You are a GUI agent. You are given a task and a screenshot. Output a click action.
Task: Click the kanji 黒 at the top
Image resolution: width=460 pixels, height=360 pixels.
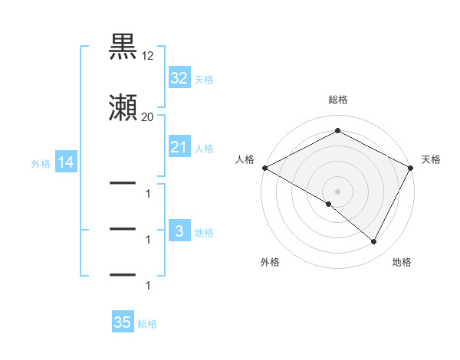pos(123,47)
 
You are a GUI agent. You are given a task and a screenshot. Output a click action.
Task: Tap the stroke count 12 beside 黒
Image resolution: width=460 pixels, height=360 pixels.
pos(148,56)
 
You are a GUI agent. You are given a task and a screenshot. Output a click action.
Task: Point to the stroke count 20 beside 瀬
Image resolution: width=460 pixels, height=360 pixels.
pos(148,117)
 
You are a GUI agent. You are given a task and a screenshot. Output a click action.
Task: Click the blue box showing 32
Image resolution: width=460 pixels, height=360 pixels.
pos(179,78)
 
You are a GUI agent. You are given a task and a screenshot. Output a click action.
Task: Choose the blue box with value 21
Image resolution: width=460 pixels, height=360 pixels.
pos(179,147)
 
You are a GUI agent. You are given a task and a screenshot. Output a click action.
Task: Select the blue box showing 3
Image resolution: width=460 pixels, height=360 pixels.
pos(179,231)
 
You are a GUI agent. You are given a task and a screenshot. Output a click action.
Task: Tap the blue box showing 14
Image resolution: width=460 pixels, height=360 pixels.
pos(65,162)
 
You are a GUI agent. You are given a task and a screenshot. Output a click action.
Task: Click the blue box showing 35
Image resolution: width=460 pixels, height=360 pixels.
pos(123,322)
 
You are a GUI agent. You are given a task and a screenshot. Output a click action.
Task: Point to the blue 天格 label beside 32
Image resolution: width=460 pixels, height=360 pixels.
pos(204,79)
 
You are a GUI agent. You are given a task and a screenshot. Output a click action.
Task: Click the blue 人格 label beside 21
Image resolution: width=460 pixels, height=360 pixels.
pos(204,148)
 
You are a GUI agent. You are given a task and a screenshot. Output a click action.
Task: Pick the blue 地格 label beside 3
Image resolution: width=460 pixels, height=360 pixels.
pos(204,232)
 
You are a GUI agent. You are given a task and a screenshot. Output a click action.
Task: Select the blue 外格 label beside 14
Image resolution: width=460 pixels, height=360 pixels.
pos(41,163)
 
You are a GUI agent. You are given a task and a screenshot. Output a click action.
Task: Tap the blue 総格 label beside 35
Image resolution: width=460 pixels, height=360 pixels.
pos(147,323)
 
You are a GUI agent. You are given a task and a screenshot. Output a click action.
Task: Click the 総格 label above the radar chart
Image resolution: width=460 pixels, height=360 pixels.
pos(338,100)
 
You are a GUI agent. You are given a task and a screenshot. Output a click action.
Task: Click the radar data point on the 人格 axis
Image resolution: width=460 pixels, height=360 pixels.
pos(264,168)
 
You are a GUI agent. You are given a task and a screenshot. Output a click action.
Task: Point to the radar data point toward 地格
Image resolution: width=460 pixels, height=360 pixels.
pos(374,242)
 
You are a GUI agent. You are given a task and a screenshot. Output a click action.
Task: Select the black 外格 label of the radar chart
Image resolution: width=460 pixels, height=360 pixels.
pos(270,262)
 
